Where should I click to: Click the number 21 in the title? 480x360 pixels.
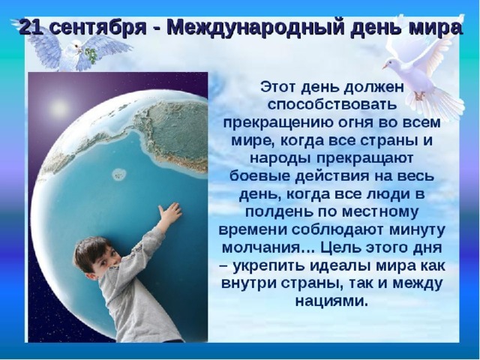coord(31,28)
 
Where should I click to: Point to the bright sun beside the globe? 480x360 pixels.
coord(58,106)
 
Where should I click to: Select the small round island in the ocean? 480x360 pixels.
coord(119,175)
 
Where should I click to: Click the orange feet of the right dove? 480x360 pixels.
coord(419,95)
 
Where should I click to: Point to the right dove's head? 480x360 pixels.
coord(389,64)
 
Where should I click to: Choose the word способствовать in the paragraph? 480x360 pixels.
coord(332,105)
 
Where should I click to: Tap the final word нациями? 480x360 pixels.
coord(331,301)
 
